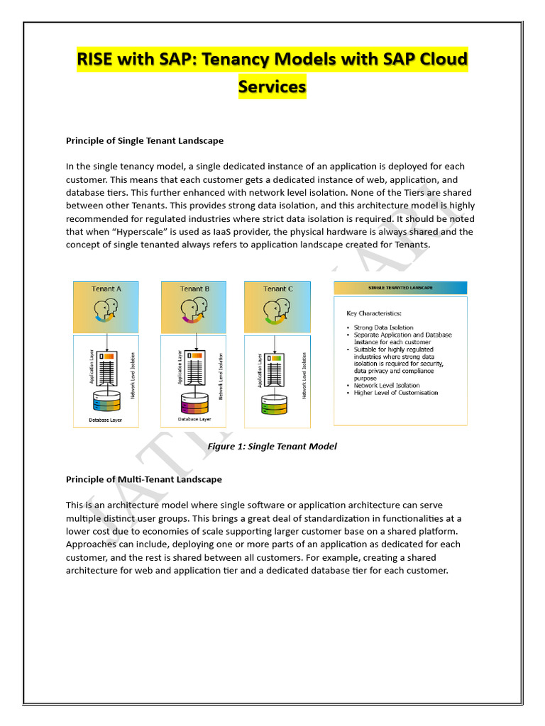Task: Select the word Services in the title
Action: (272, 86)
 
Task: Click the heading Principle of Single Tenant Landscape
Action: (145, 140)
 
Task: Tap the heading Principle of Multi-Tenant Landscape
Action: (144, 479)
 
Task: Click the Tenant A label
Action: (106, 289)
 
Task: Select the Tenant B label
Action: (194, 289)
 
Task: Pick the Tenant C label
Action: (277, 289)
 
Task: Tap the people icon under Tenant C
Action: (277, 311)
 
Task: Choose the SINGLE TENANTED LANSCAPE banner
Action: (400, 288)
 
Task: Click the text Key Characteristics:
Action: (374, 313)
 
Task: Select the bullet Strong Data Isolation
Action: (383, 328)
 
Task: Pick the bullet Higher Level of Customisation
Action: (396, 392)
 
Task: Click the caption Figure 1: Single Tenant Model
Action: (272, 446)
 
